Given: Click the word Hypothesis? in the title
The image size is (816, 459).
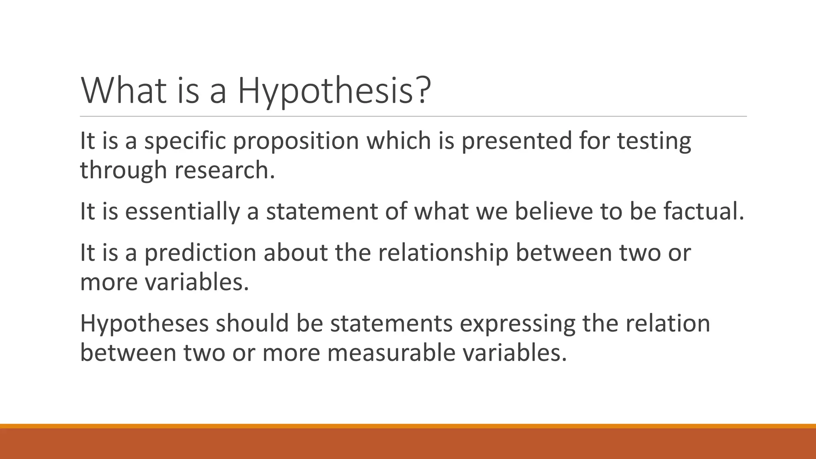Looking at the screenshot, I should pos(334,92).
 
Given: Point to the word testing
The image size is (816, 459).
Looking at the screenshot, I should pos(654,141).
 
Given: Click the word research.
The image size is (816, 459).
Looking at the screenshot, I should pos(225,171).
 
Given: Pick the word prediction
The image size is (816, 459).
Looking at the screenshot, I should pos(200,253).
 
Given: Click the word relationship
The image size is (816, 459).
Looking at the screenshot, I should pos(443,253).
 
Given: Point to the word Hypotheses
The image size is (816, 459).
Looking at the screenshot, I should pos(144,324).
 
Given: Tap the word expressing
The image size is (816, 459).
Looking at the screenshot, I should pos(517,324).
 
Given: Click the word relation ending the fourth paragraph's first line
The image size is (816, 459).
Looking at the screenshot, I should pos(667,324).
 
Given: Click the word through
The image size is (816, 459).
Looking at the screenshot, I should pos(123,171).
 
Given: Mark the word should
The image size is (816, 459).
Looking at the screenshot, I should pos(252,324).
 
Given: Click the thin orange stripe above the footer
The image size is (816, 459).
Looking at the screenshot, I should pos(408,426).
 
